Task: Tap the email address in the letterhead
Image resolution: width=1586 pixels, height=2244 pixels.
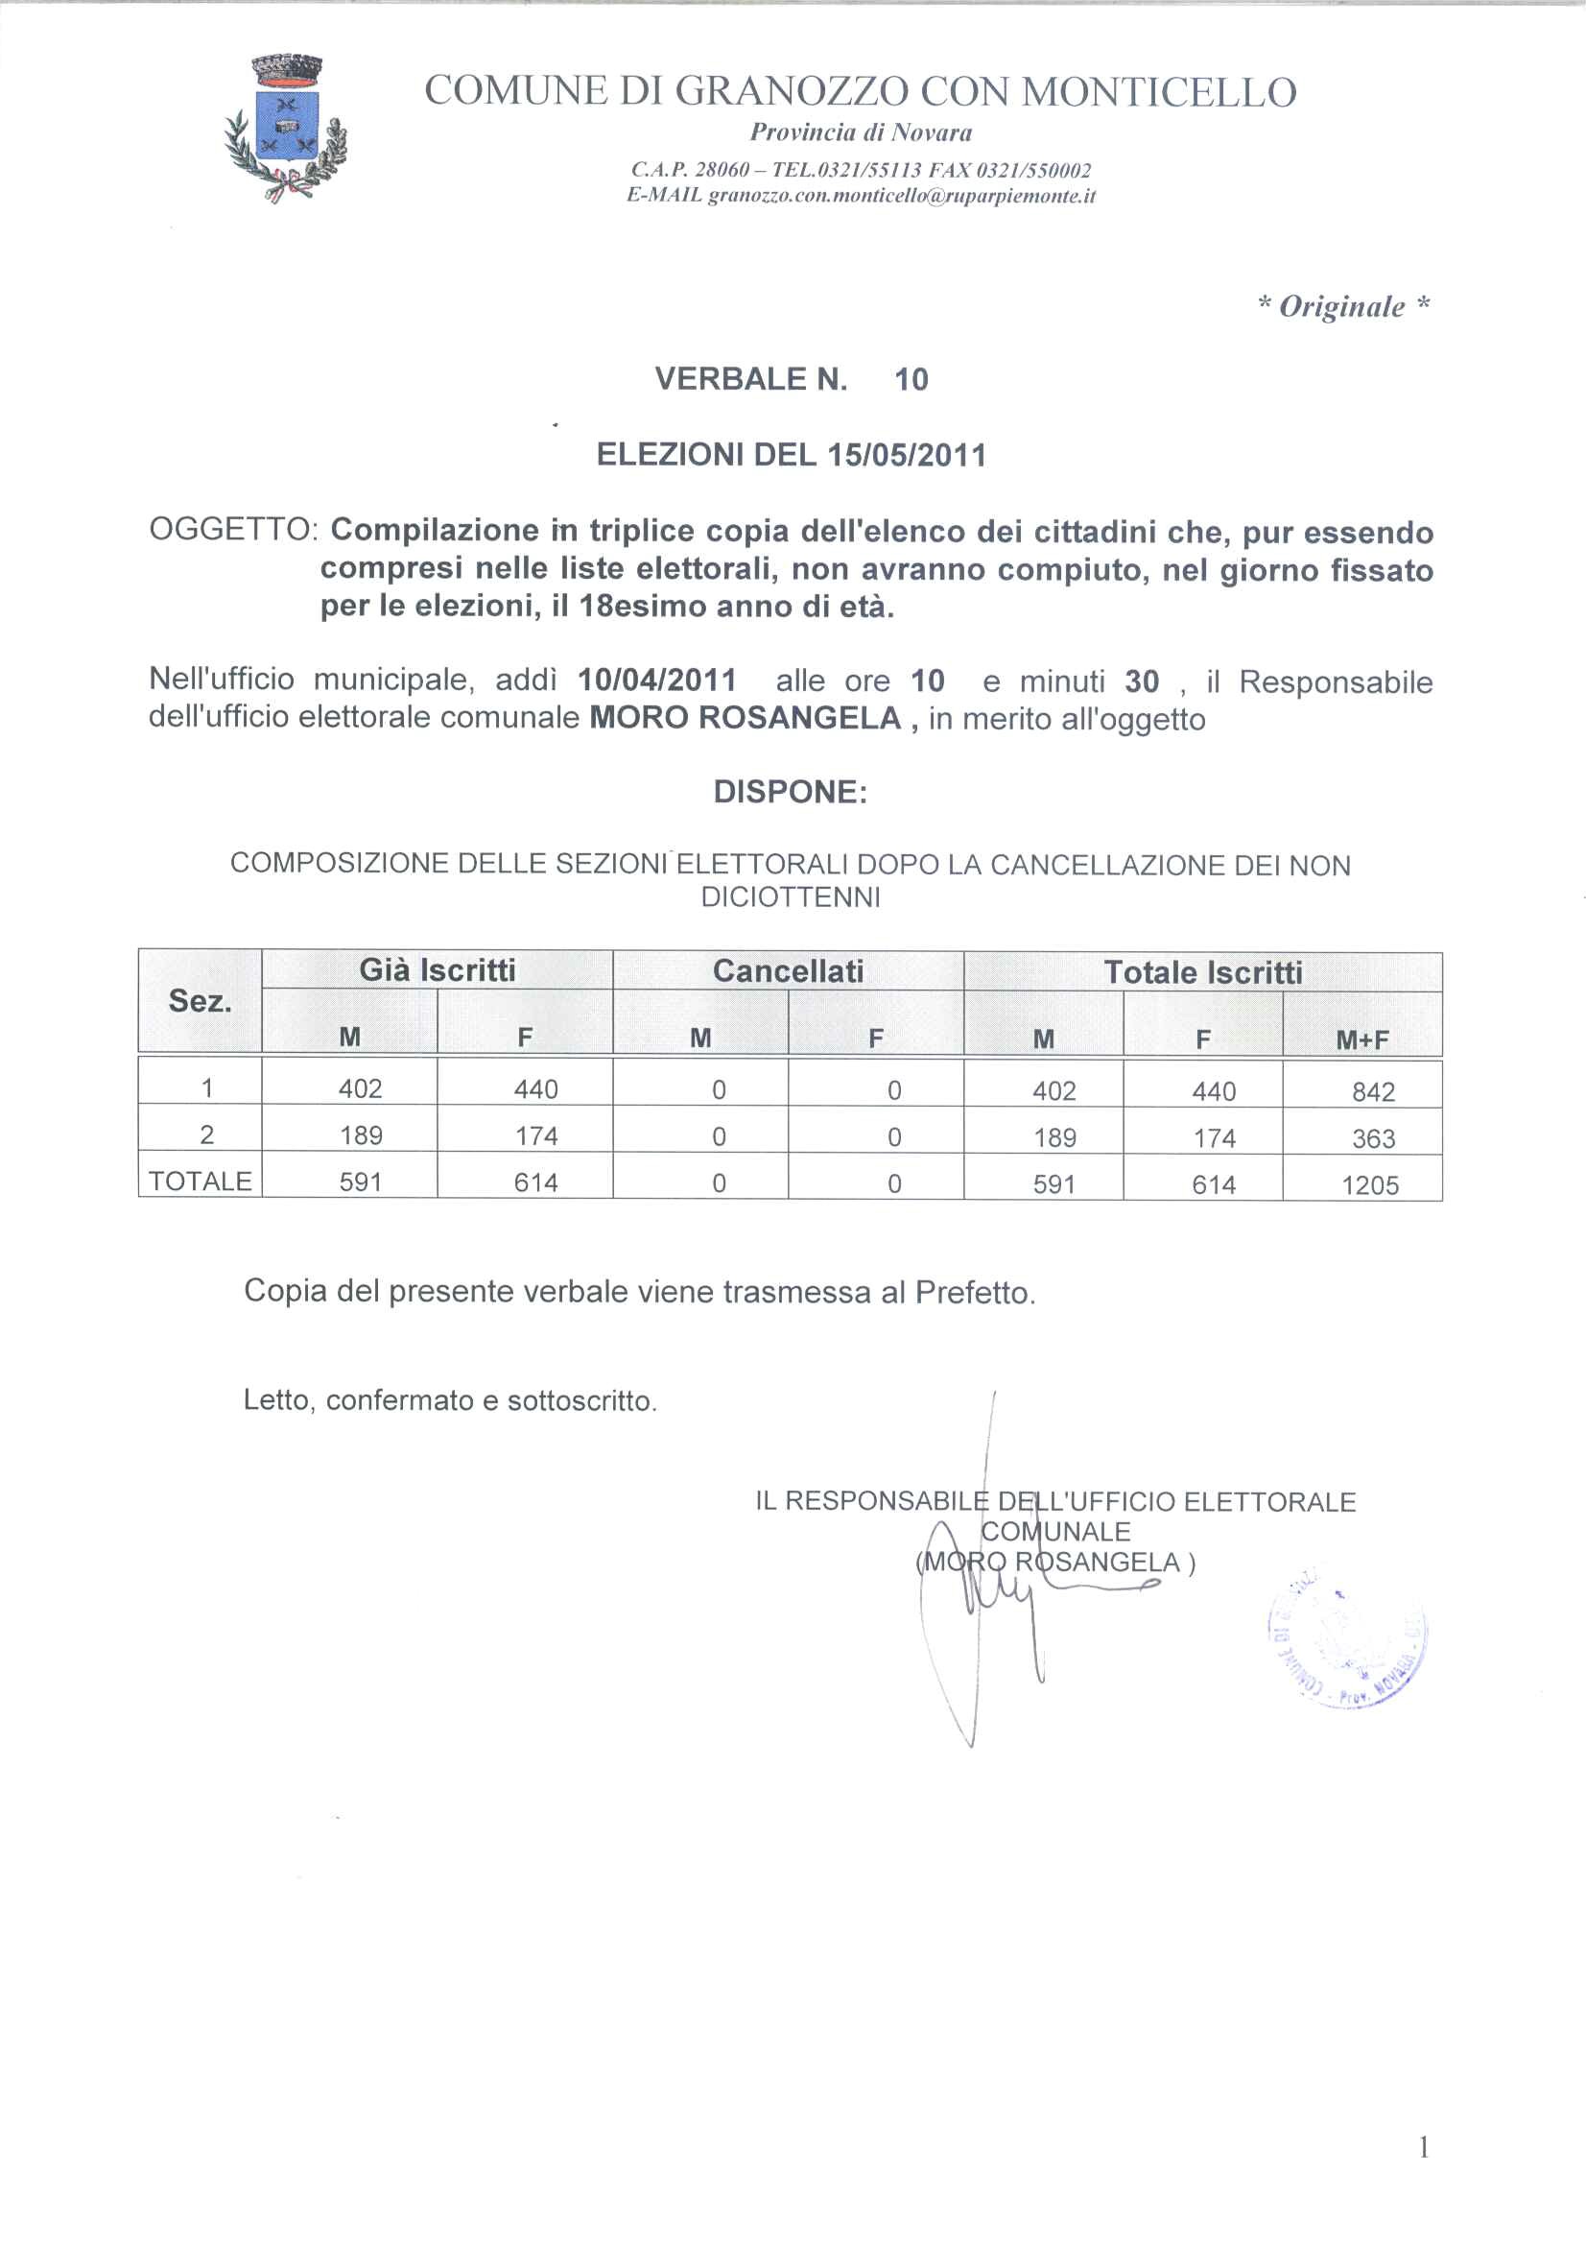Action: [901, 197]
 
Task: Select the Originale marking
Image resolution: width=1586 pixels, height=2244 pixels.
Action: [1343, 307]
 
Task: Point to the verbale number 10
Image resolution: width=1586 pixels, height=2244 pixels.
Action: [911, 379]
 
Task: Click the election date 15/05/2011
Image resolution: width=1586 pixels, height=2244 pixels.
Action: [906, 456]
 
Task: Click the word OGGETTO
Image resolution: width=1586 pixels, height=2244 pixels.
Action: [231, 530]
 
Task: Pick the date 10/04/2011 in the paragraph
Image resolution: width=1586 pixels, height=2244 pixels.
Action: [656, 680]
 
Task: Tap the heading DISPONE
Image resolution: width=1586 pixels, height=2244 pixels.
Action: [790, 792]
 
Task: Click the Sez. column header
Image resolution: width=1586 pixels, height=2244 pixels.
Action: [200, 1001]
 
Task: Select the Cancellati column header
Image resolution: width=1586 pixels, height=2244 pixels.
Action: [788, 970]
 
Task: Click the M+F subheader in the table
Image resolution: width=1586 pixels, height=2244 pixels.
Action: [1362, 1039]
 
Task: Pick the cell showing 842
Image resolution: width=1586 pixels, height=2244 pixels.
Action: [1373, 1091]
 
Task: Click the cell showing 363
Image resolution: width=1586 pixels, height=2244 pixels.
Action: [1373, 1138]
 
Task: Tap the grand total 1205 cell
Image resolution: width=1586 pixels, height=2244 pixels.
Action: [1370, 1185]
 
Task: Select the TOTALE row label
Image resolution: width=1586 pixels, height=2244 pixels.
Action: [201, 1182]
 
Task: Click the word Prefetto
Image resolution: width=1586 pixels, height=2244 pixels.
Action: [973, 1293]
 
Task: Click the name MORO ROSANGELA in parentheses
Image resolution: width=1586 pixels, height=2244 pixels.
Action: [1054, 1562]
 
